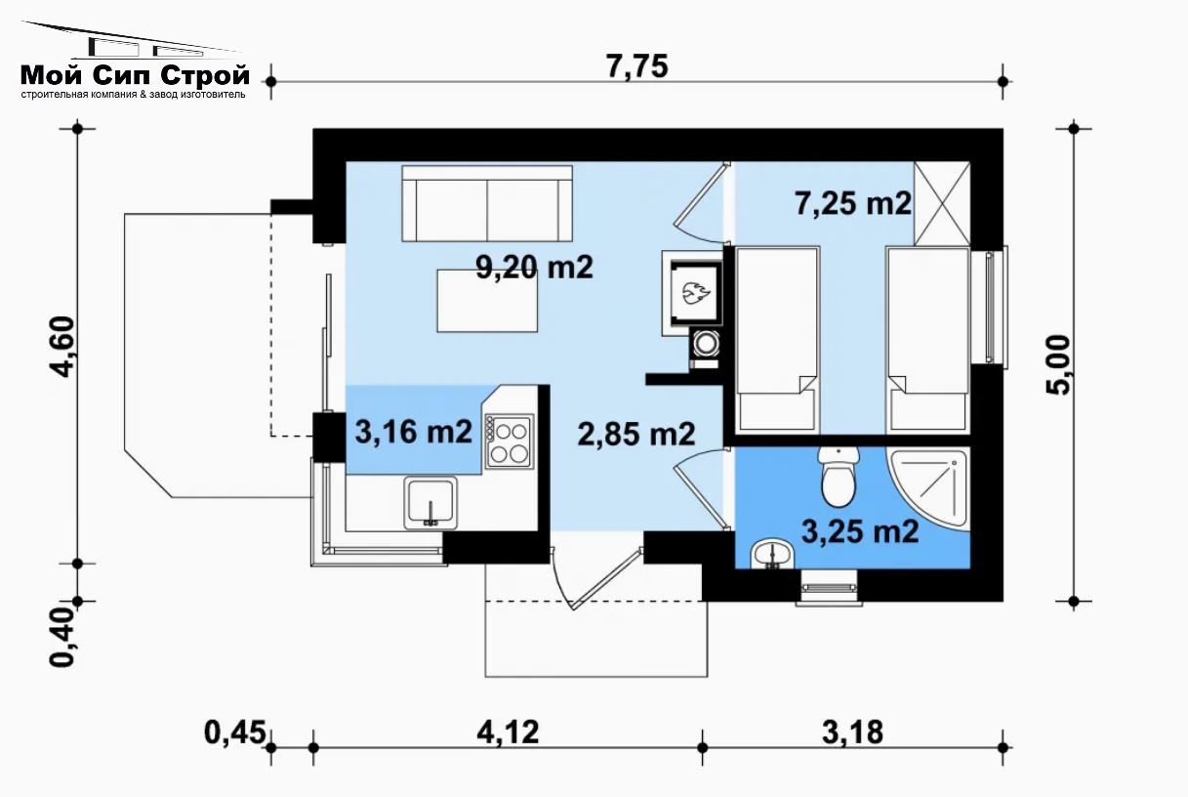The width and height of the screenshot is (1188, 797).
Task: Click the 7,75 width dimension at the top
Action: tap(637, 66)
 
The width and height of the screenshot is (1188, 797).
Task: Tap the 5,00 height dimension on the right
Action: tap(1058, 365)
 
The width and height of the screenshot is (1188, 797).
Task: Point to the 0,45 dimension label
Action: tap(234, 733)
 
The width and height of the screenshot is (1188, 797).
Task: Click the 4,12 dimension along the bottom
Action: tap(508, 733)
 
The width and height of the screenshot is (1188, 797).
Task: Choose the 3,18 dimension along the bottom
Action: tap(853, 733)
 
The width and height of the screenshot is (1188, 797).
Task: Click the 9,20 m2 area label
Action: tap(534, 267)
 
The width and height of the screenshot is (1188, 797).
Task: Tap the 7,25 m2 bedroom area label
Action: tap(853, 203)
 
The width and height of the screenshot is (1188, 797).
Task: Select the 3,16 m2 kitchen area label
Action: tap(413, 432)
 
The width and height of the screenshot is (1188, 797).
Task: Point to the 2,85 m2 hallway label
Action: tap(635, 435)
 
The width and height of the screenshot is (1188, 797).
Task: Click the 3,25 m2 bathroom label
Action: tap(860, 531)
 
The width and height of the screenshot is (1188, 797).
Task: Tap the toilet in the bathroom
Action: tap(839, 476)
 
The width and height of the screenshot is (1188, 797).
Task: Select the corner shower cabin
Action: tap(929, 489)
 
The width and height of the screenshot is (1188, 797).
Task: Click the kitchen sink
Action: tap(430, 503)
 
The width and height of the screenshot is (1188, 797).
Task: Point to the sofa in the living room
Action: tap(487, 204)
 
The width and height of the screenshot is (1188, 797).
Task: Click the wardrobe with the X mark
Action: tap(942, 204)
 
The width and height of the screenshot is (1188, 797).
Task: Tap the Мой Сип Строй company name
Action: tap(135, 76)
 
